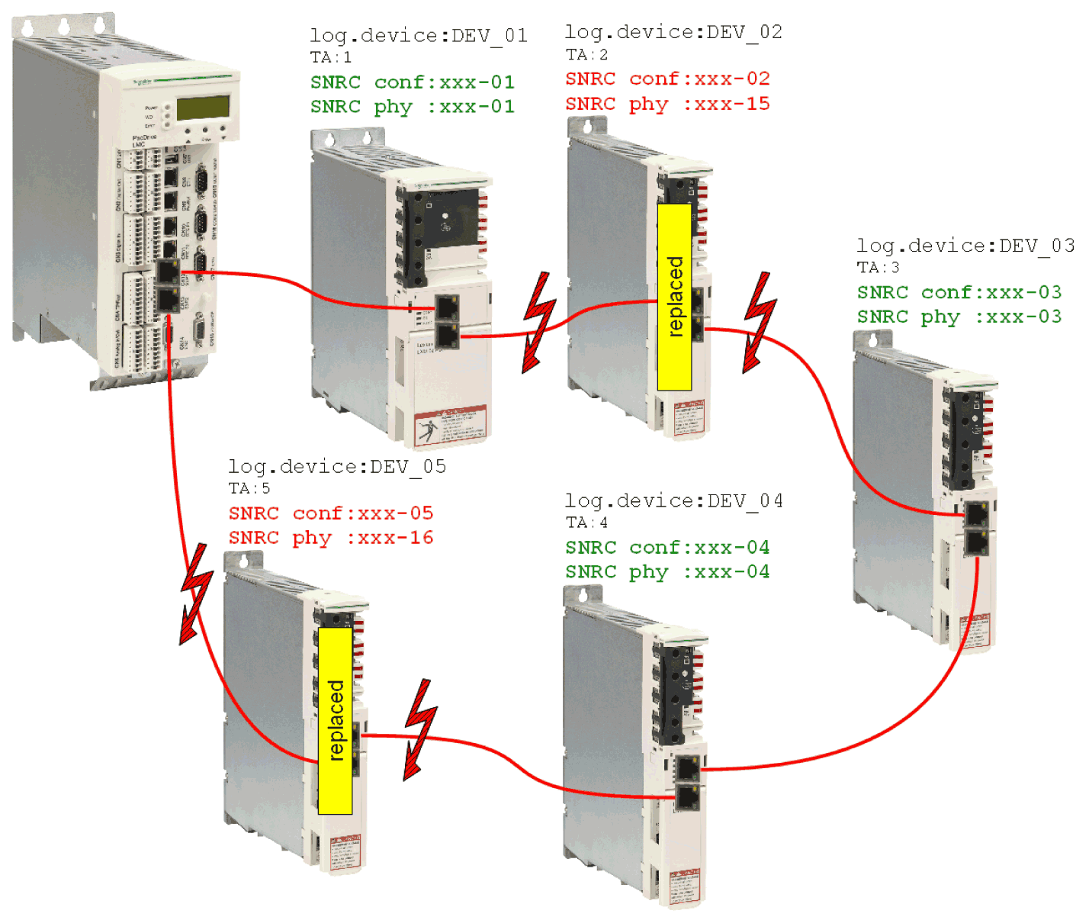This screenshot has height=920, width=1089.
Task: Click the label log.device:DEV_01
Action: [418, 36]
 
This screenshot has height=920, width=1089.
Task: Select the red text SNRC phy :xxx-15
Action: [667, 104]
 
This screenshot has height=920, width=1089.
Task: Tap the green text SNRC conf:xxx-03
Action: [959, 292]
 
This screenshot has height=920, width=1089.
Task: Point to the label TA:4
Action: [586, 523]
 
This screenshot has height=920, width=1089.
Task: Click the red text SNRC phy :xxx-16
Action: [331, 538]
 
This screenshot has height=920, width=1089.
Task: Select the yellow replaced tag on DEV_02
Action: [675, 297]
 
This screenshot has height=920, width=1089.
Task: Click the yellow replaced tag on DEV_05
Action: [336, 720]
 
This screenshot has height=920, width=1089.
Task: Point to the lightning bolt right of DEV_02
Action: [759, 322]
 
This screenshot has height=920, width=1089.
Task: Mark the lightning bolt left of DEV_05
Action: [195, 593]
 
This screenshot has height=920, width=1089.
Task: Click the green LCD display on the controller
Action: [204, 108]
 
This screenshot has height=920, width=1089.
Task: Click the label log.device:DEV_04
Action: [673, 501]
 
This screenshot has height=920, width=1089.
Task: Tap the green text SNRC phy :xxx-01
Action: [412, 107]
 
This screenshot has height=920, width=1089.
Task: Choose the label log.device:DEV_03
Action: [965, 246]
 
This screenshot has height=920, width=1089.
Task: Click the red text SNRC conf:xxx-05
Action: [331, 513]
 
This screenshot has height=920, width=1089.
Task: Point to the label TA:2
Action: [586, 55]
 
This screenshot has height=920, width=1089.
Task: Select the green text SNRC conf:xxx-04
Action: [667, 548]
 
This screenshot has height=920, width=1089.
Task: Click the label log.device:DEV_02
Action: [673, 32]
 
